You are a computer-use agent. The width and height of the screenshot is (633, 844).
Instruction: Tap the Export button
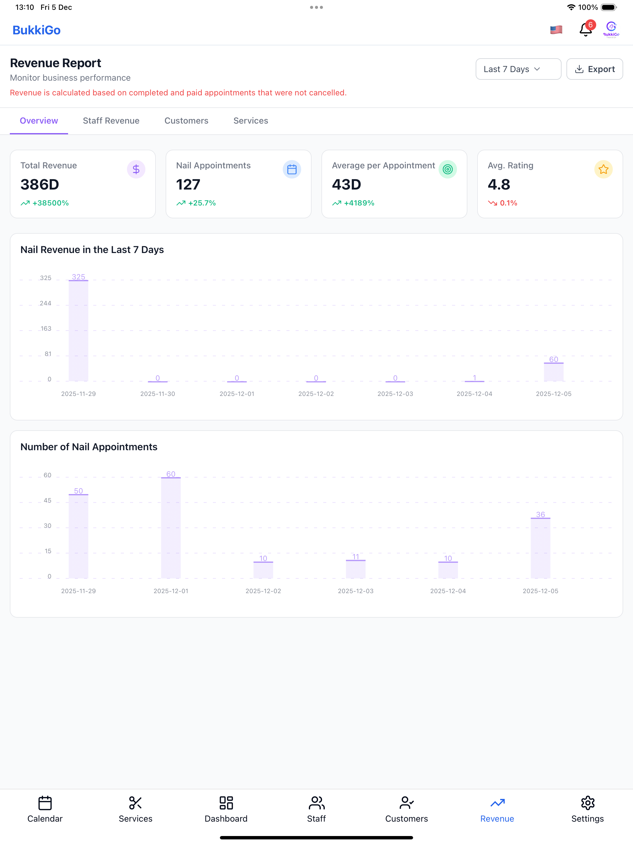point(594,69)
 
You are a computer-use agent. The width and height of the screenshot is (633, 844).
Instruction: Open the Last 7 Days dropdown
point(518,69)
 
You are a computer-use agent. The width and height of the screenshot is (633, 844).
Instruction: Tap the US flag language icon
point(556,29)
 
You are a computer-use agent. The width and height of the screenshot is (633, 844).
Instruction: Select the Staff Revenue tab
point(111,121)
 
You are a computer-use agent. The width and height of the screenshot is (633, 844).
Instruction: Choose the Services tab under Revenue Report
point(251,121)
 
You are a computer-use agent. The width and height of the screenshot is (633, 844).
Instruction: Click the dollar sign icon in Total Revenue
point(136,169)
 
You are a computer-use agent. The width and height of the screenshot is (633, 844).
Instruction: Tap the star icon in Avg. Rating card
point(603,169)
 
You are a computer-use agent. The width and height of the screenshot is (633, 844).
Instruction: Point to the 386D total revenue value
point(40,185)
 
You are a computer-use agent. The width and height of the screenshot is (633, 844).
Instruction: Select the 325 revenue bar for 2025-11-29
point(79,330)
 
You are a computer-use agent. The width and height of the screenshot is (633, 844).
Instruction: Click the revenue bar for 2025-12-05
point(554,372)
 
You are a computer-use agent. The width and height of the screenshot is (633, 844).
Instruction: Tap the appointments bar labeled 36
point(540,548)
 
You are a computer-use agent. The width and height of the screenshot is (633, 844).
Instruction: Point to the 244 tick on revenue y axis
point(45,303)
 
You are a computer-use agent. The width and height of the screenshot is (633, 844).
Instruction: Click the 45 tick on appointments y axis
point(47,501)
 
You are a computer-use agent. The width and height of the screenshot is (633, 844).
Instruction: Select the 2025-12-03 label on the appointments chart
point(356,591)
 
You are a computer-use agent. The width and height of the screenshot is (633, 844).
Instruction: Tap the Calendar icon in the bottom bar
point(45,803)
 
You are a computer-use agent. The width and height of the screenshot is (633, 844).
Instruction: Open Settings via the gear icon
point(588,803)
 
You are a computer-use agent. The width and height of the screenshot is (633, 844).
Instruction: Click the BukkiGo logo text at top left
point(36,30)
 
